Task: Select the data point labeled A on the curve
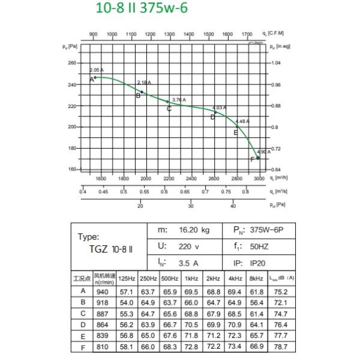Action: click(x=94, y=77)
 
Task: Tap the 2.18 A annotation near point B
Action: click(x=145, y=83)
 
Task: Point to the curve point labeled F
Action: click(x=258, y=158)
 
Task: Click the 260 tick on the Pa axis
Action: click(x=72, y=63)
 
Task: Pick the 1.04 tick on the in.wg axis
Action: click(x=275, y=63)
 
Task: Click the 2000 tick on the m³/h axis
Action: click(x=146, y=179)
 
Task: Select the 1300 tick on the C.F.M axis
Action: click(x=169, y=35)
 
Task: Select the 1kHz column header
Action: click(x=190, y=278)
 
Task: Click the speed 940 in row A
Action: click(x=104, y=292)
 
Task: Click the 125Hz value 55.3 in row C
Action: click(x=127, y=314)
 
